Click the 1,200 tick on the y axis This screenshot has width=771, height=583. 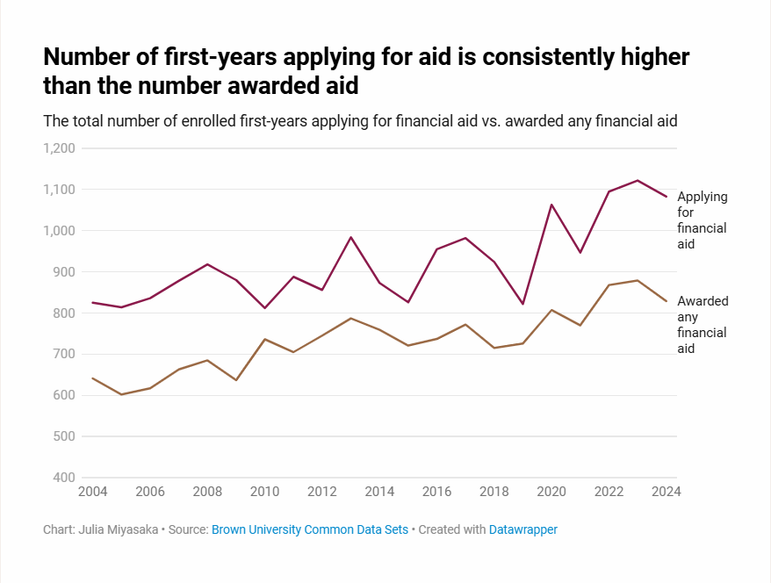pyautogui.click(x=60, y=148)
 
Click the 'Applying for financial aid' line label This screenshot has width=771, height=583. pyautogui.click(x=702, y=220)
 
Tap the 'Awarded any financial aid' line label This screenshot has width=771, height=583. pyautogui.click(x=702, y=325)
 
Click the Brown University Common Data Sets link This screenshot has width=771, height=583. pyautogui.click(x=310, y=529)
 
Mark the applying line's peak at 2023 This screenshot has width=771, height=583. pyautogui.click(x=638, y=180)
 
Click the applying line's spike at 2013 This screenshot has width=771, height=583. pyautogui.click(x=350, y=237)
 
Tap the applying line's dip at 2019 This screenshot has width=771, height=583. pyautogui.click(x=522, y=304)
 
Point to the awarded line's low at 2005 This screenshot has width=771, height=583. pyautogui.click(x=121, y=394)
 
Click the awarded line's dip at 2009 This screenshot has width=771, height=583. pyautogui.click(x=235, y=380)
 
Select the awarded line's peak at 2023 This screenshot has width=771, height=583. pyautogui.click(x=638, y=280)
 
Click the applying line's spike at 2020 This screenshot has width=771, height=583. pyautogui.click(x=551, y=205)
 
